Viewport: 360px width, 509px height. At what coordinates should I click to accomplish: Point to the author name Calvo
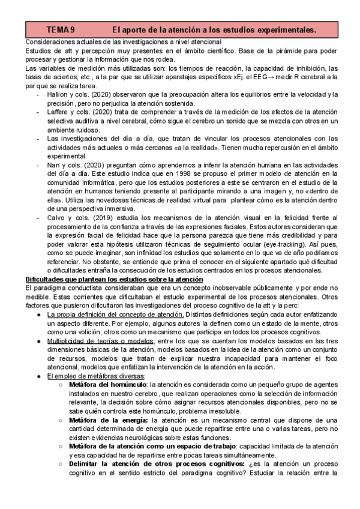click(x=58, y=217)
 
